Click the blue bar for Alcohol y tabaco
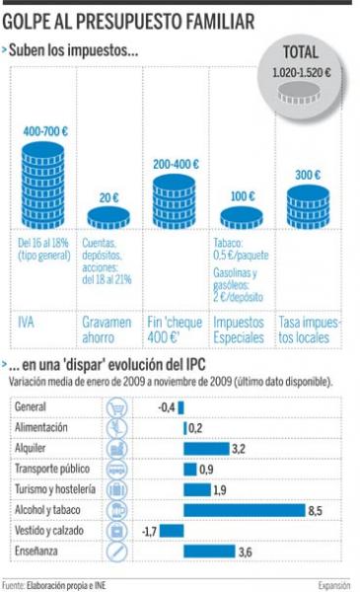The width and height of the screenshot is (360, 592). (245, 510)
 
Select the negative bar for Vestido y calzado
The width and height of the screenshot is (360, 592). (172, 531)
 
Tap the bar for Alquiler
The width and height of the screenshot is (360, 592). (206, 449)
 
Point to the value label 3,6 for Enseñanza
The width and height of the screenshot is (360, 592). (246, 552)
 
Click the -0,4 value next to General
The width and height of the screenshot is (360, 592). (167, 407)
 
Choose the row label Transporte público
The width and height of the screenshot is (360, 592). (52, 469)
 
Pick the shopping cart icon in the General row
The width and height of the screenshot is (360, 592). (117, 407)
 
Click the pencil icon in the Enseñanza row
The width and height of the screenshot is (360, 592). (117, 552)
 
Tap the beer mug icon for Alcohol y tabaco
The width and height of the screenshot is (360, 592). (117, 510)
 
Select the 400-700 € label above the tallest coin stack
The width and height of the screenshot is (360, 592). (45, 131)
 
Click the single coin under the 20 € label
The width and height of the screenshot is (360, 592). (108, 218)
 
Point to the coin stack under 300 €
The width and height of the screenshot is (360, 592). (308, 207)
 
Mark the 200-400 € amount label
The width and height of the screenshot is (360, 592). (176, 164)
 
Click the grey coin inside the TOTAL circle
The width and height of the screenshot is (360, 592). (299, 93)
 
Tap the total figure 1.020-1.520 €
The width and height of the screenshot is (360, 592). (302, 72)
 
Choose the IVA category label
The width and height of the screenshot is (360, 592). (26, 323)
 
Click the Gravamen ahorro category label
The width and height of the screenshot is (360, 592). (107, 330)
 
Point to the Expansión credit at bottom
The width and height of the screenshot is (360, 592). (334, 585)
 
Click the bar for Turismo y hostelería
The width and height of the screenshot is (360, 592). (197, 489)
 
